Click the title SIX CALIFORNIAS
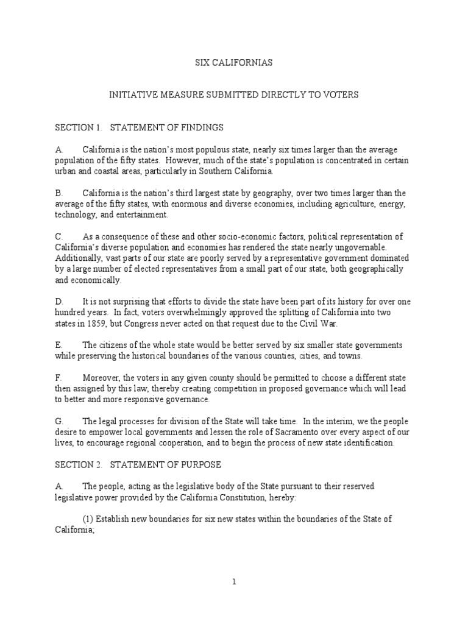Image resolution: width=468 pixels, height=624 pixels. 233,63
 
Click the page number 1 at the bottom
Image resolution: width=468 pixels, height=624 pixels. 233,581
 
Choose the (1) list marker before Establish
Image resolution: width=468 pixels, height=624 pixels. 88,519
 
